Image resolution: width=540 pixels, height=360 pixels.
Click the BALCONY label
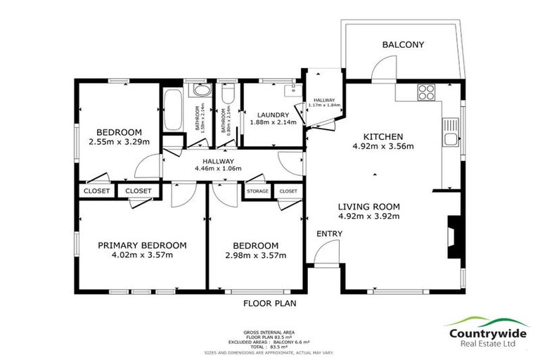click(403, 45)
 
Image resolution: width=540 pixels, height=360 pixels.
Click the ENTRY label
click(329, 233)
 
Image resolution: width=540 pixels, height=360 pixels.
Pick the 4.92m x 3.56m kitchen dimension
click(382, 147)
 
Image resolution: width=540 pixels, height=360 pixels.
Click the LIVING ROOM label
click(368, 207)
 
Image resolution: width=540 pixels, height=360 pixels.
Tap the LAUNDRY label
click(274, 115)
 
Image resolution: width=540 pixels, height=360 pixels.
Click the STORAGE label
click(257, 191)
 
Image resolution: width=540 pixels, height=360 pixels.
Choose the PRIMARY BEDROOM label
click(142, 245)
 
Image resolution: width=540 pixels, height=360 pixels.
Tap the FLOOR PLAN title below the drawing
click(270, 304)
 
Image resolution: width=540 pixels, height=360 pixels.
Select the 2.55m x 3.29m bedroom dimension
click(119, 141)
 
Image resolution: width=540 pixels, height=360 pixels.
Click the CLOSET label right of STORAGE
click(288, 191)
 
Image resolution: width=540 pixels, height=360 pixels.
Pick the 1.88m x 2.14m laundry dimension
click(274, 122)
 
